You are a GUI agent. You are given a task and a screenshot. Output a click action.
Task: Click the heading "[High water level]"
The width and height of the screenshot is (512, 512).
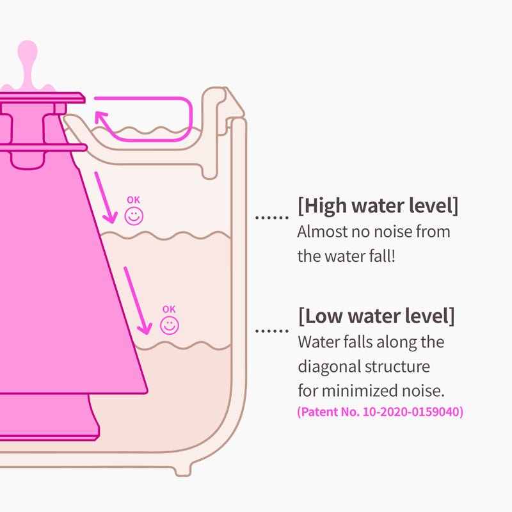tap(378, 206)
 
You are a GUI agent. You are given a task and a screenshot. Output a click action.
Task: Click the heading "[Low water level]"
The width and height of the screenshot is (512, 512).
tap(376, 316)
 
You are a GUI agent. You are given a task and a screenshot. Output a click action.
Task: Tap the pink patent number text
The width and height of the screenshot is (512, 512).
tap(380, 412)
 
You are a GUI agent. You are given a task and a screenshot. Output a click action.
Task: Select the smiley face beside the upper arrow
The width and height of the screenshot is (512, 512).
tap(134, 216)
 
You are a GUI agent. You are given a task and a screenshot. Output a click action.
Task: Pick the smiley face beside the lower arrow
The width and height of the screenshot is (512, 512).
tap(169, 325)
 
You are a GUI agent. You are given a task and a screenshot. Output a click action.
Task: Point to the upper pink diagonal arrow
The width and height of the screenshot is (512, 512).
tap(106, 196)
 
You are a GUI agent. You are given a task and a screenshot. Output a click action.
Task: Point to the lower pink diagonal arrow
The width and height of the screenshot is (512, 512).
tap(138, 300)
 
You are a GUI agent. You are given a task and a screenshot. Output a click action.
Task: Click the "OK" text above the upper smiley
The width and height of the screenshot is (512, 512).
tap(133, 200)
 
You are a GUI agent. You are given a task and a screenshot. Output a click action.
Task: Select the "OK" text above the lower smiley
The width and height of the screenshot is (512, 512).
tap(169, 309)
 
